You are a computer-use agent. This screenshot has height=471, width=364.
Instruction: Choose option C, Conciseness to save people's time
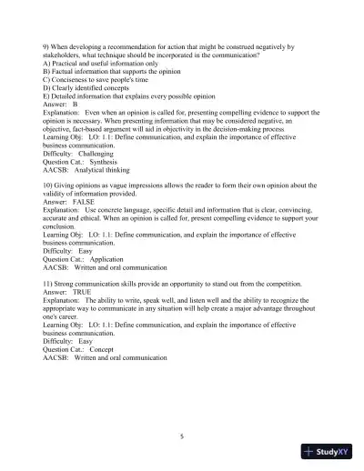(101, 79)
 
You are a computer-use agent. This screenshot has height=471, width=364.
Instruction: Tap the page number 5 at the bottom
(182, 437)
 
